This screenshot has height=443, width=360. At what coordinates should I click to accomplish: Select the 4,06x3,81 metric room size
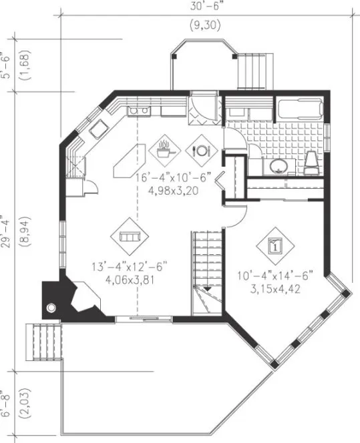pyautogui.click(x=130, y=280)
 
